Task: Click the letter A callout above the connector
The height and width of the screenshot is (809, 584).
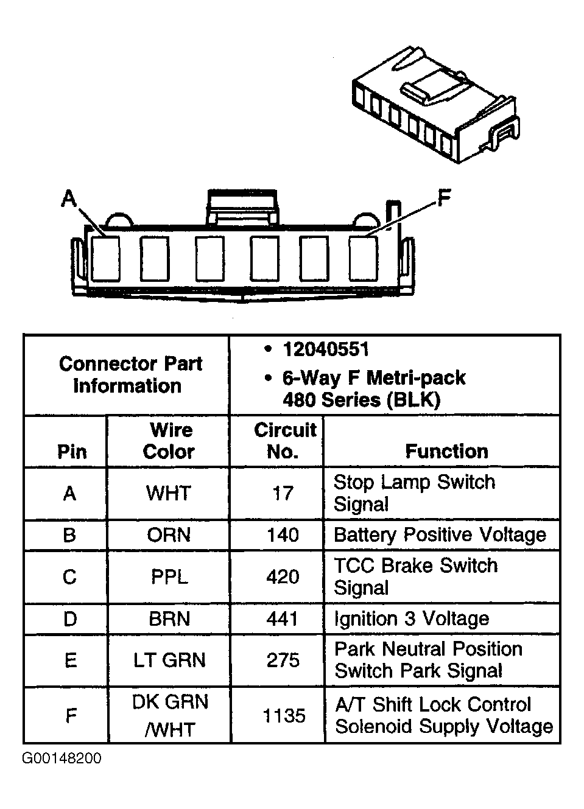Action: point(69,198)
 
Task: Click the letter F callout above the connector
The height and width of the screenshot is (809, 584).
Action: point(445,198)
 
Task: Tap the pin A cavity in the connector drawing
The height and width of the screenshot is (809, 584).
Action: point(105,258)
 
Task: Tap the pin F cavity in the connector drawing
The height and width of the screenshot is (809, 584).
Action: point(363,258)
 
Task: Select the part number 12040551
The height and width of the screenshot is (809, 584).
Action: point(325,349)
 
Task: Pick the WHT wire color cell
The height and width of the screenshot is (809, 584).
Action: point(169,493)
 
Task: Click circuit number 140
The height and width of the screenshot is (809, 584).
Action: point(283,535)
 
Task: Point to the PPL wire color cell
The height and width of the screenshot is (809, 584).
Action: point(169,576)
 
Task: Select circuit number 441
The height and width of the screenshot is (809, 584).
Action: point(283,618)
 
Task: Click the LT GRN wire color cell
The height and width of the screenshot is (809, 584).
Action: point(169,660)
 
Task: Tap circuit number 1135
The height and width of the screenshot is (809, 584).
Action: point(284,715)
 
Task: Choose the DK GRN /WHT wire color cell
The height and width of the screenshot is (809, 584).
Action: point(170,715)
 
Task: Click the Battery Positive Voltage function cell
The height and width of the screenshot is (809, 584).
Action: point(440,535)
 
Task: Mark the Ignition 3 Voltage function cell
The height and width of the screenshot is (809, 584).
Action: point(412,618)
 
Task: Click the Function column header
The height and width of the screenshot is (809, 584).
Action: point(446,451)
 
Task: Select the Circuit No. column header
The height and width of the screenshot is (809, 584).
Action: point(284,441)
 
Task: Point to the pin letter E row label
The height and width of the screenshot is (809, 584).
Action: point(71,660)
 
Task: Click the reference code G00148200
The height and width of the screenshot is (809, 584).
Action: point(62,758)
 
